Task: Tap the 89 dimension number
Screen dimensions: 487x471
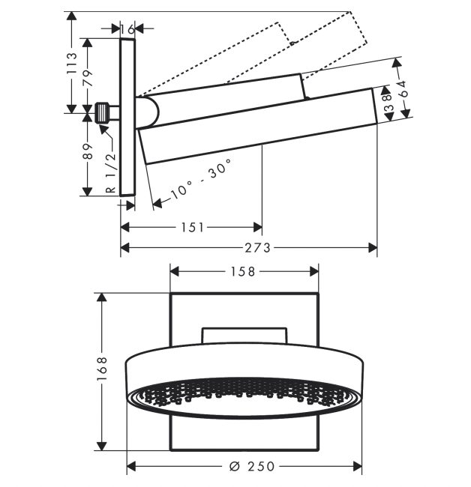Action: click(x=88, y=152)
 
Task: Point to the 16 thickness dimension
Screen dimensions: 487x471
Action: click(x=127, y=29)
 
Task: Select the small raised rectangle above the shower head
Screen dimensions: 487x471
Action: click(x=244, y=336)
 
